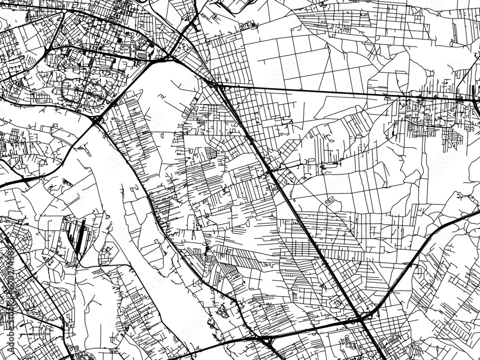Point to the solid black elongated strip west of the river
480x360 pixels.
[x=80, y=235]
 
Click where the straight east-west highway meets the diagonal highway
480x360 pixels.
[x=218, y=86]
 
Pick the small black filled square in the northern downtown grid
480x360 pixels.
[x=119, y=40]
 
